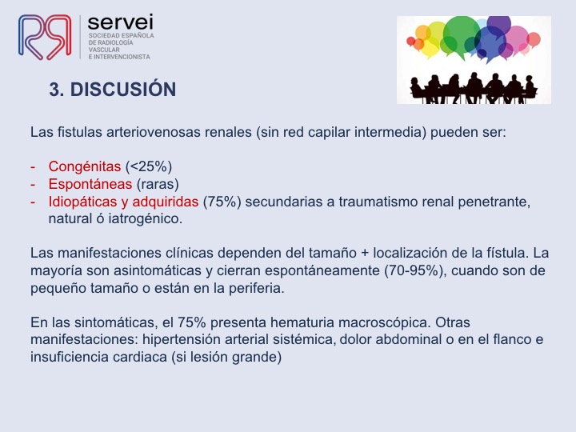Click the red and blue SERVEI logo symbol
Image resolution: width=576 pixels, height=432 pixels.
pyautogui.click(x=45, y=37)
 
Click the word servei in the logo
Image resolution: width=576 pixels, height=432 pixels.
pyautogui.click(x=121, y=22)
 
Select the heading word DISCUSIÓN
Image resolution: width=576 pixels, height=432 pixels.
pyautogui.click(x=123, y=90)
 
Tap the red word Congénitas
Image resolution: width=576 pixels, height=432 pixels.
pyautogui.click(x=85, y=166)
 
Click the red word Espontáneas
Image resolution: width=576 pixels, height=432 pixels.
pyautogui.click(x=90, y=184)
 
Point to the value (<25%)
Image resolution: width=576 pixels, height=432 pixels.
pyautogui.click(x=149, y=166)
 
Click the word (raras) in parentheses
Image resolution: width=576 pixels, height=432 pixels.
pyautogui.click(x=158, y=184)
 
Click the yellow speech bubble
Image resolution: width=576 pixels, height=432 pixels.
pyautogui.click(x=437, y=38)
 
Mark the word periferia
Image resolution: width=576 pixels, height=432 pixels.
pyautogui.click(x=257, y=288)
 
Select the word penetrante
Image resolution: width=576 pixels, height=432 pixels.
pyautogui.click(x=494, y=202)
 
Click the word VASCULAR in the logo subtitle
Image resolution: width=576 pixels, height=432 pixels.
pyautogui.click(x=104, y=50)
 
